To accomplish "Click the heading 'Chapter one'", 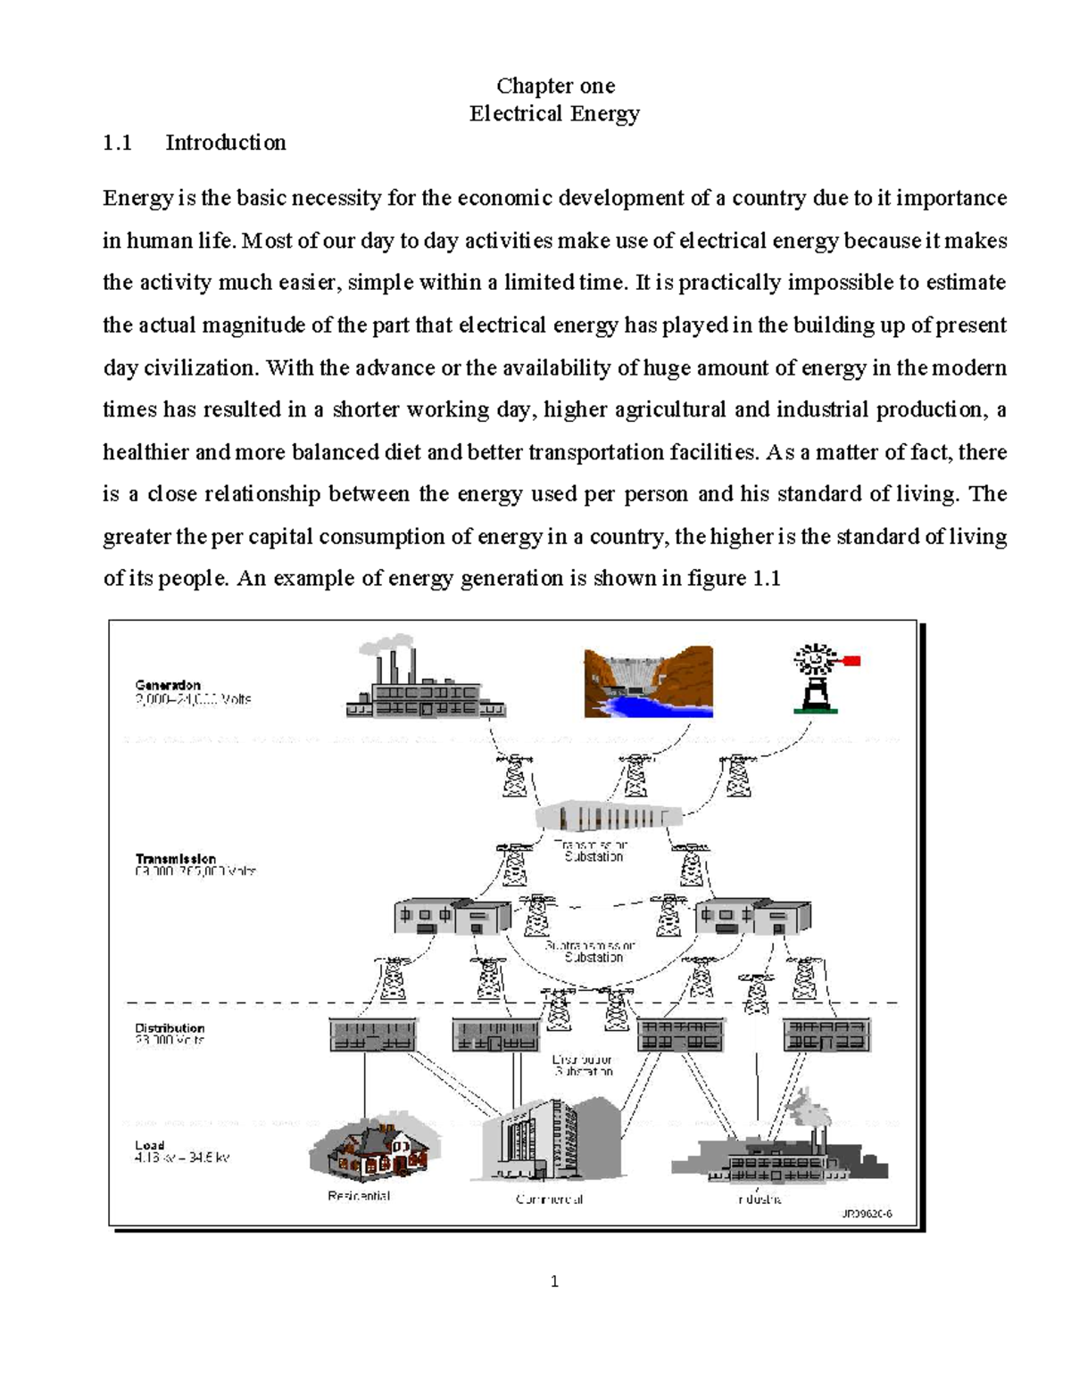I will click(555, 86).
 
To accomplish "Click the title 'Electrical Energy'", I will click(555, 114).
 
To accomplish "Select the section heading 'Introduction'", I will click(225, 143).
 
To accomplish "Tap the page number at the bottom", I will click(554, 1282).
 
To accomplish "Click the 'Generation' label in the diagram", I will click(168, 685).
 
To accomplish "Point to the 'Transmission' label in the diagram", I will click(176, 859).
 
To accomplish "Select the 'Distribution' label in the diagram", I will click(170, 1027).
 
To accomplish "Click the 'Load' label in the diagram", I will click(149, 1145).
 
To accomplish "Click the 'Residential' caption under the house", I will click(359, 1196).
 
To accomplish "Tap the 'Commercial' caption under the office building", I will click(549, 1200).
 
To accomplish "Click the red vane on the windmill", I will click(851, 661).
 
